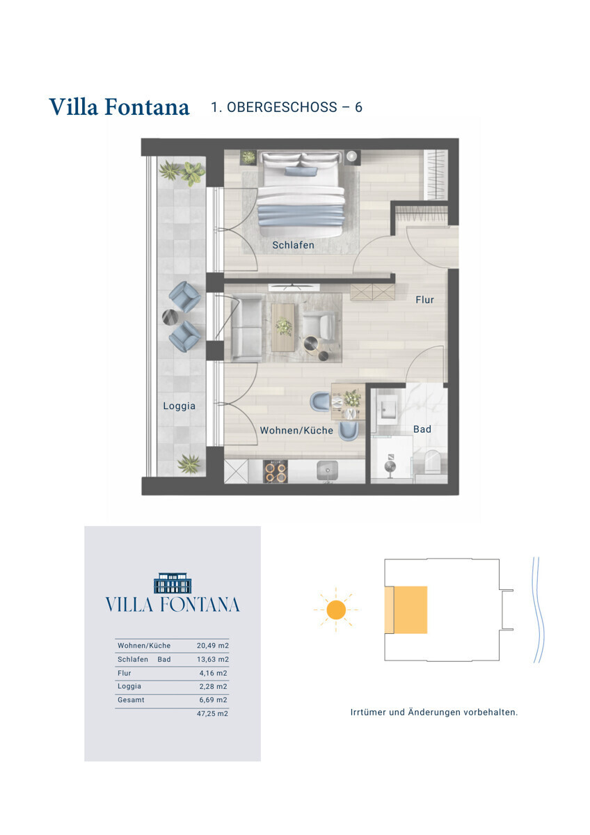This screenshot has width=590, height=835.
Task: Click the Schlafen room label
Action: (x=293, y=245)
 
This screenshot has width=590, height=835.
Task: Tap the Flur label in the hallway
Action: (x=424, y=300)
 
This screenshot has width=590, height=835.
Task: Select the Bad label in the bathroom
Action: (x=422, y=429)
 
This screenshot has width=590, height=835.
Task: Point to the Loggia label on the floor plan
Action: (x=179, y=406)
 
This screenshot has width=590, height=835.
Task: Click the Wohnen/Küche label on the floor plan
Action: (x=296, y=430)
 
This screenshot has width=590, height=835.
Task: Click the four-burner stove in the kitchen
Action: (x=275, y=472)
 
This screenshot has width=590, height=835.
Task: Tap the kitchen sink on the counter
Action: (x=327, y=471)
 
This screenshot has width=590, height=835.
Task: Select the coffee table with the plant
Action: (x=283, y=327)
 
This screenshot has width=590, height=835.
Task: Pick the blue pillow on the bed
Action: (x=301, y=171)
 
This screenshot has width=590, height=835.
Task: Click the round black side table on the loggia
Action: (x=170, y=317)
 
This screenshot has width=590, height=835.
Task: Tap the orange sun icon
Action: (x=335, y=610)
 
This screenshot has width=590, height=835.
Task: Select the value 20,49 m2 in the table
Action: (x=212, y=646)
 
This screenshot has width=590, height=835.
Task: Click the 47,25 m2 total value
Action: (x=212, y=713)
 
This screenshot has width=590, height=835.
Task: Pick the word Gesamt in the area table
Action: (x=131, y=700)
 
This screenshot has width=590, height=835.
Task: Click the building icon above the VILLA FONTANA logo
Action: (x=173, y=583)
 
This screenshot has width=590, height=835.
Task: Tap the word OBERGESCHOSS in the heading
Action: (x=282, y=107)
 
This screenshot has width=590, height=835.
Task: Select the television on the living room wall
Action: (x=294, y=287)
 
